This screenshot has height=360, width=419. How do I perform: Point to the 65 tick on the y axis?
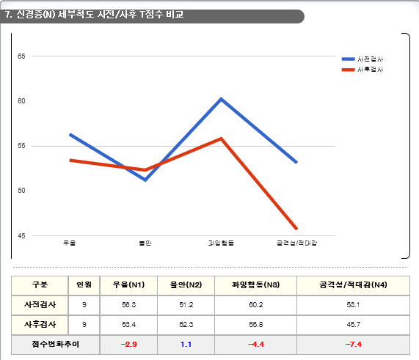coord(21,56)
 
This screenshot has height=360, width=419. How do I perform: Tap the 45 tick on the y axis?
coord(21,235)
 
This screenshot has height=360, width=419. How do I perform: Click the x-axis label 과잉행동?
coord(221,243)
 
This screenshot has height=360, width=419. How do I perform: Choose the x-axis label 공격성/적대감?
coord(296,243)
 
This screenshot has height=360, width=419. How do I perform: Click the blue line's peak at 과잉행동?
coord(221,98)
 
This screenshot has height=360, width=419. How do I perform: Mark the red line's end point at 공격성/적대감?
coord(296,229)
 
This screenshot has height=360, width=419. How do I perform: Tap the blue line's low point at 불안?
coord(145,180)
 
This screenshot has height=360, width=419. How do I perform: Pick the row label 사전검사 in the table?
coord(40,304)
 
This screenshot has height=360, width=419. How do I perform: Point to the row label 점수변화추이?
coord(40,344)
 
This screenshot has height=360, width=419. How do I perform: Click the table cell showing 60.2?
coord(255,304)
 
